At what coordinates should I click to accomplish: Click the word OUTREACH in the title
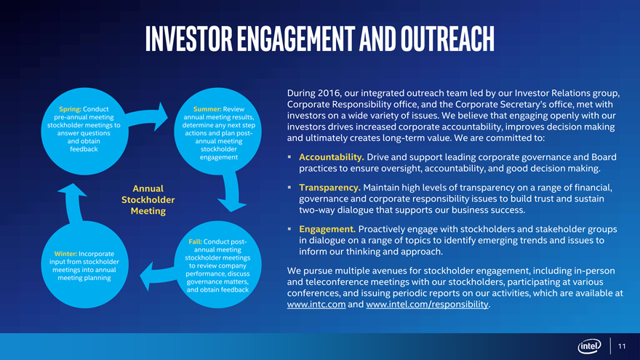coord(447,39)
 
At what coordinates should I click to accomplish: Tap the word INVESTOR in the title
coord(189,39)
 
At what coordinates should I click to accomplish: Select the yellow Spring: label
coord(70,109)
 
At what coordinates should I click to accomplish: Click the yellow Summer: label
coord(207,109)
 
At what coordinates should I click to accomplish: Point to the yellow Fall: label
coord(195,241)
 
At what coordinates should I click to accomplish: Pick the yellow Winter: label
coord(65,254)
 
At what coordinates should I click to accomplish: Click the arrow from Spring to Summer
coord(146,116)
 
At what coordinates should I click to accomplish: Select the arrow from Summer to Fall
coord(232,191)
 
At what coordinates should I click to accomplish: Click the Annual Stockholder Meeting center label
coord(148,199)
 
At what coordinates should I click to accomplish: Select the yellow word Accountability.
coord(332,157)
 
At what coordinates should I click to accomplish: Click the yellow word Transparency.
coord(329,188)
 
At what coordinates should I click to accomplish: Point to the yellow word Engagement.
coord(327,229)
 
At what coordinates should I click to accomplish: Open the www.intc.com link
coord(316,304)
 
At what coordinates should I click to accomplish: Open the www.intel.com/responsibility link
coord(428,304)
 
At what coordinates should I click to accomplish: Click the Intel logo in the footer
coord(589,346)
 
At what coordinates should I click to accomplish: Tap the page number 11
coord(622,346)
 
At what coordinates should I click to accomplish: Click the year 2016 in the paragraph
coord(329,93)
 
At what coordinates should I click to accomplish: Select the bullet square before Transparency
coord(289,187)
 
